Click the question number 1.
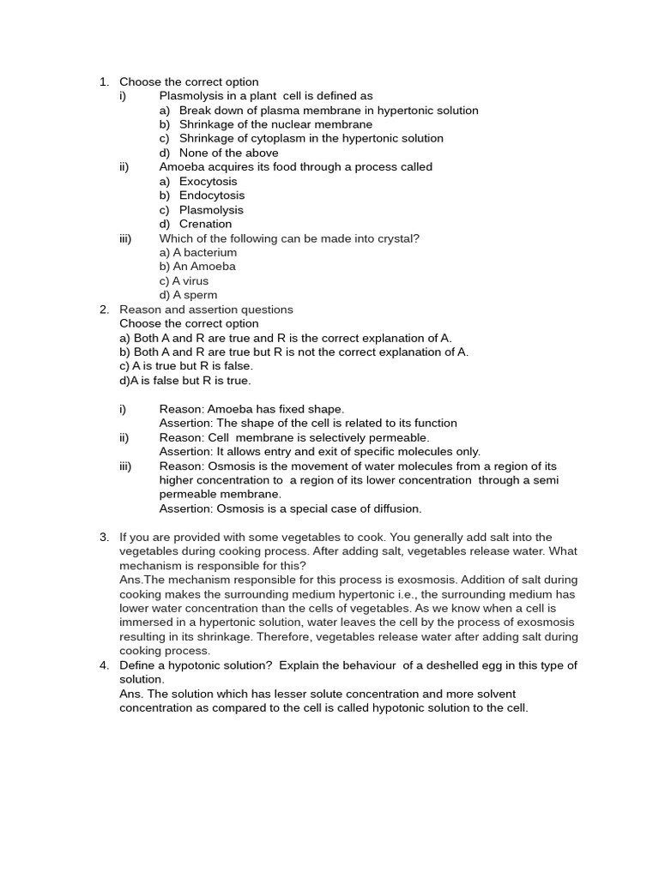[104, 81]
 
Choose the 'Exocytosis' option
[208, 181]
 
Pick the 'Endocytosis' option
[211, 195]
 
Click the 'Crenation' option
[205, 224]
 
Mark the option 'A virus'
[190, 280]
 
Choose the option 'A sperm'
[195, 295]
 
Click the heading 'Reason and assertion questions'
[206, 310]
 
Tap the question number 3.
[104, 537]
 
